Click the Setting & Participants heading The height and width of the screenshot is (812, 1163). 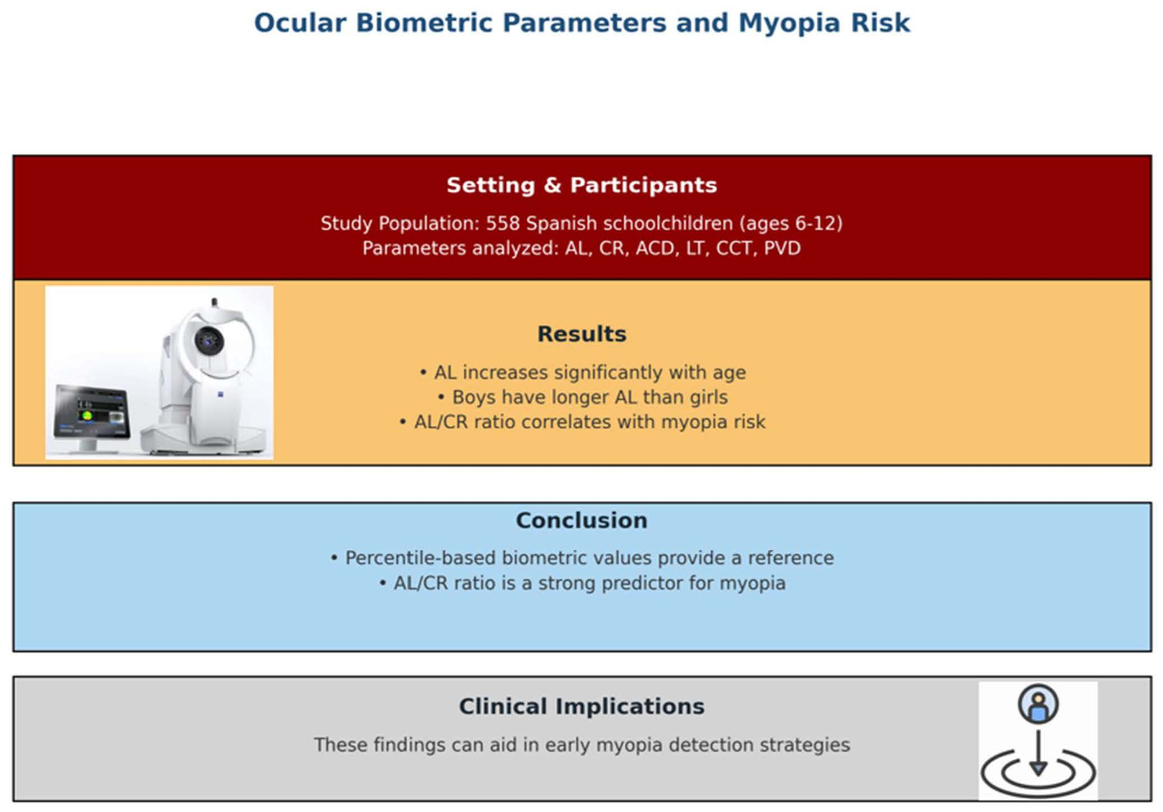[x=582, y=185]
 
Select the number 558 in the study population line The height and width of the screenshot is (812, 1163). [x=503, y=223]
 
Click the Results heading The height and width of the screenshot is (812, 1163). [x=582, y=333]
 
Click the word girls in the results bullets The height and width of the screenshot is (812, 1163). [x=708, y=397]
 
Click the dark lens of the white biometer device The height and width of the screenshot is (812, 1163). [x=209, y=340]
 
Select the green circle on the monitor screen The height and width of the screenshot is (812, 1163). [x=87, y=416]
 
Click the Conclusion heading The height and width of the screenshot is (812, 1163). [x=582, y=520]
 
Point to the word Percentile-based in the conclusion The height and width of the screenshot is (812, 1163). [x=420, y=558]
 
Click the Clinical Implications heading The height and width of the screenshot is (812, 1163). [x=582, y=706]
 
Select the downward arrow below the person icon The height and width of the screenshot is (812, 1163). [x=1038, y=753]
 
